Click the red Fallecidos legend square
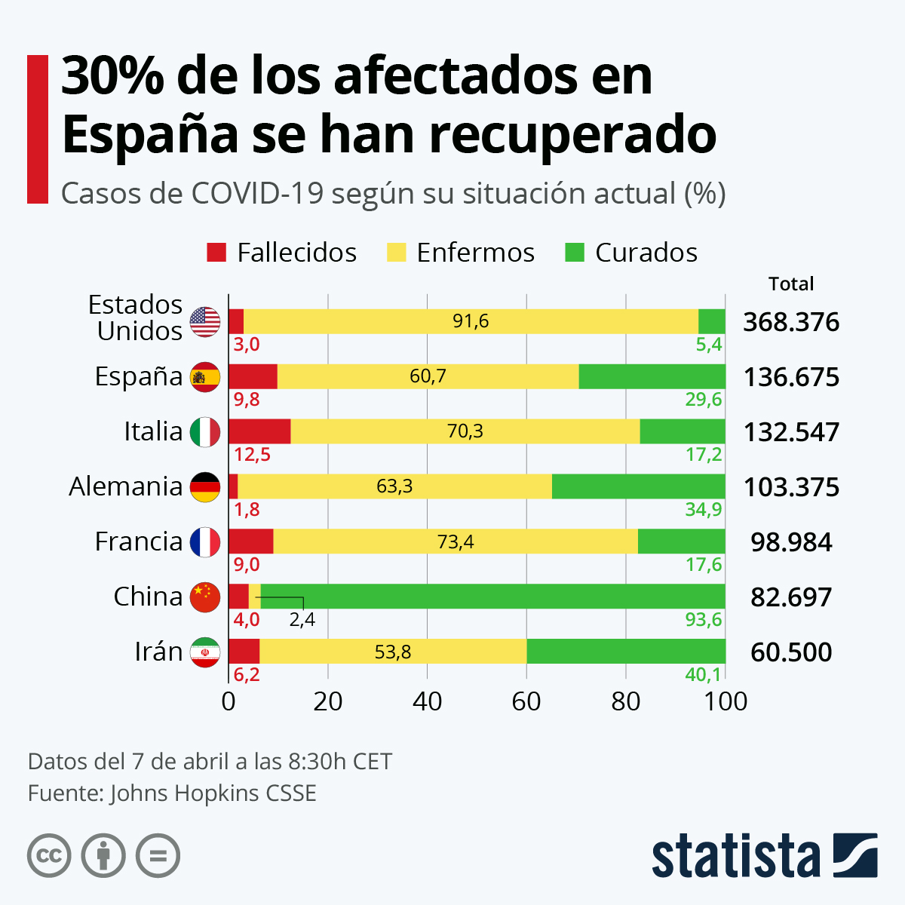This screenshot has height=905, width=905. pos(216,253)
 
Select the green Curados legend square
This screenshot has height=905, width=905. pos(575,253)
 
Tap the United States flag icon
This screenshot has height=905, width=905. pos(204,322)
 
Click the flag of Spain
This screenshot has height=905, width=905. pos(204,377)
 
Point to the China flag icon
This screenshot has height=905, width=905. pos(204,597)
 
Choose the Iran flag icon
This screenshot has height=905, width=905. pos(204,652)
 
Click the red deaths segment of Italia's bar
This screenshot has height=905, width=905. pos(259,431)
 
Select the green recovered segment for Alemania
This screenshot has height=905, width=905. pos(639,486)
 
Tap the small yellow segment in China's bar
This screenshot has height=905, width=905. pos(255,597)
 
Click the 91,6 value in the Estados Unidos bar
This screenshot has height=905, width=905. pos(471,322)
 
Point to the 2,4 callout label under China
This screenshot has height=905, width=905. pos(302,621)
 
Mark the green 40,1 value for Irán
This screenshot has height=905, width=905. pos(703,674)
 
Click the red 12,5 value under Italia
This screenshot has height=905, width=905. pos(252,455)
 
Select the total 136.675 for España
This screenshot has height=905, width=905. pos(791,377)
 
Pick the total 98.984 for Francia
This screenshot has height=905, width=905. pos(791,542)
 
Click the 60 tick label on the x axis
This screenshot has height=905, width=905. pos(526,701)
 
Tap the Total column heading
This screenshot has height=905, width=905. pos(791,284)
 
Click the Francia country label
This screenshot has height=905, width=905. pos(139,541)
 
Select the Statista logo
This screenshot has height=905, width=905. pos(764,855)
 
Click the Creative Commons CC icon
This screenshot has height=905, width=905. pos(49,856)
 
